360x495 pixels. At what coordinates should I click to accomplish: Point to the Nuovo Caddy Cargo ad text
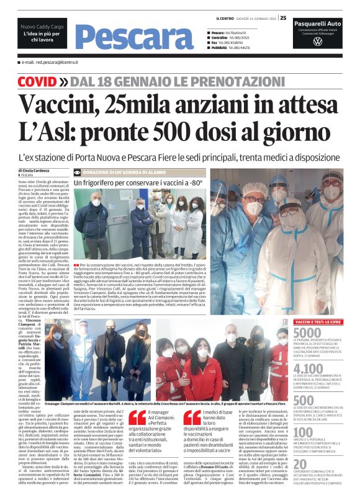(x=42, y=28)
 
